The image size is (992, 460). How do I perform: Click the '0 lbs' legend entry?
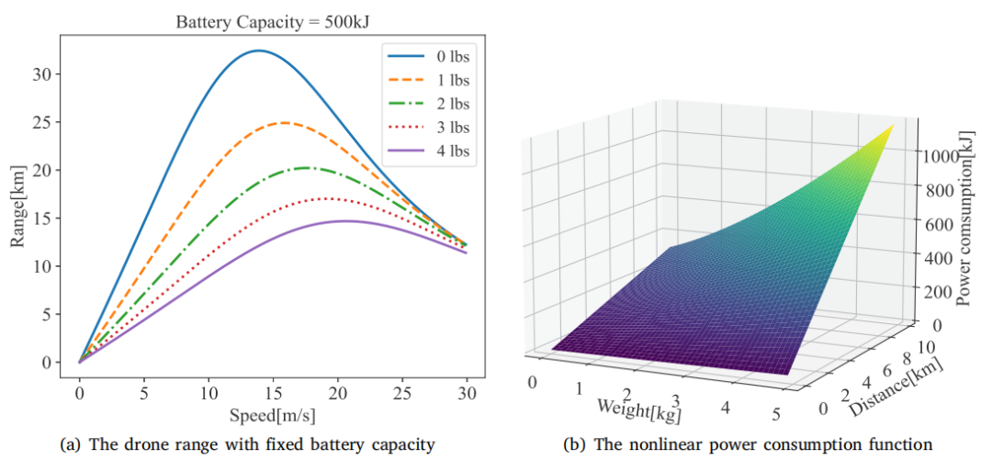coord(427,57)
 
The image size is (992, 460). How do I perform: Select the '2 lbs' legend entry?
coord(427,103)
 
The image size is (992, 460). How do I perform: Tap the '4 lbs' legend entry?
coord(427,150)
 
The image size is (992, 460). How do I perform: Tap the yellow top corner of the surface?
coord(894,125)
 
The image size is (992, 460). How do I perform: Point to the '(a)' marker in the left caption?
coord(69,444)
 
